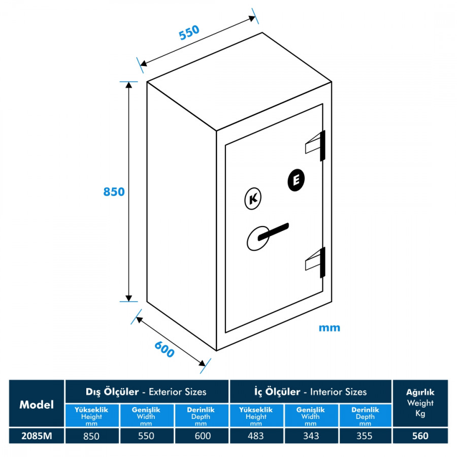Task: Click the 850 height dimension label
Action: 114,192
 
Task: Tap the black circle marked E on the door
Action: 297,180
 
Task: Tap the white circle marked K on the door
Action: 252,199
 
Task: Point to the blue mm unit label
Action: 330,328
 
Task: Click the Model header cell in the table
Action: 37,404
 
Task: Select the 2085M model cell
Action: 37,436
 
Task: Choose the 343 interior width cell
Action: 310,436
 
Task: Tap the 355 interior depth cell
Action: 365,436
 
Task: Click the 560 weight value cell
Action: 420,436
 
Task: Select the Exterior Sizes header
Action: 146,391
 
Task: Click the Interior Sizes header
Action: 310,391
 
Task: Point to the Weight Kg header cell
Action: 420,403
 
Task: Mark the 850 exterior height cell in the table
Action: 91,436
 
